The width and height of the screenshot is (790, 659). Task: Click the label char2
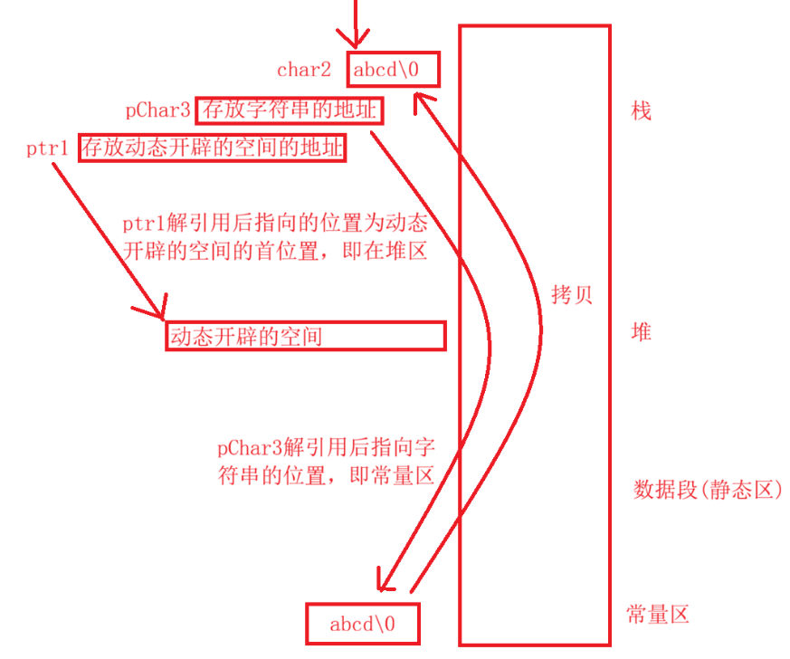coord(304,69)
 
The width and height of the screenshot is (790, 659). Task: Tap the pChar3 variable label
coord(158,111)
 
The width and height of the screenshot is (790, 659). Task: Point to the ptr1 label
coord(48,148)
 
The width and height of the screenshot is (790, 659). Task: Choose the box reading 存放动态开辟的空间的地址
coord(213,148)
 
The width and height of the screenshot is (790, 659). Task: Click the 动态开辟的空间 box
coord(305,337)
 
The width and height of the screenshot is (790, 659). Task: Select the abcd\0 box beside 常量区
coord(362,625)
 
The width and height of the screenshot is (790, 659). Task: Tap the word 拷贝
coord(572,295)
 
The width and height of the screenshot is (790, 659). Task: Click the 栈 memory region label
coord(641,111)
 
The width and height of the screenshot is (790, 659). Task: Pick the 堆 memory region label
coord(641,333)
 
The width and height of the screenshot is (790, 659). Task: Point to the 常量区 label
coord(658,616)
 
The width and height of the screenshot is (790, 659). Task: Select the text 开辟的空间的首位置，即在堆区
coord(274,252)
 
